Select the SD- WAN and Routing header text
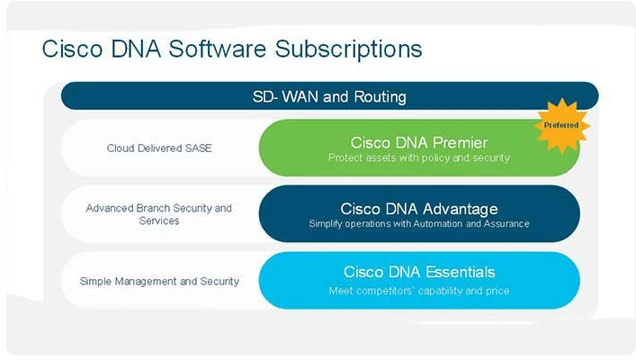(328, 96)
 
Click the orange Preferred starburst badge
(562, 125)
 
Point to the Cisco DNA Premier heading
(418, 142)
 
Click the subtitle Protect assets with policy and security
(418, 158)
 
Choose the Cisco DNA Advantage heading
(418, 208)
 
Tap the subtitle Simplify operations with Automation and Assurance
(418, 224)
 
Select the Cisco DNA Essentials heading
(418, 272)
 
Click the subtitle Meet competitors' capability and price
(418, 291)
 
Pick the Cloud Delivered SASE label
(159, 148)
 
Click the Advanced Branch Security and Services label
(158, 214)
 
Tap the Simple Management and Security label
(159, 281)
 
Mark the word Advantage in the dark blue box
(458, 208)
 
